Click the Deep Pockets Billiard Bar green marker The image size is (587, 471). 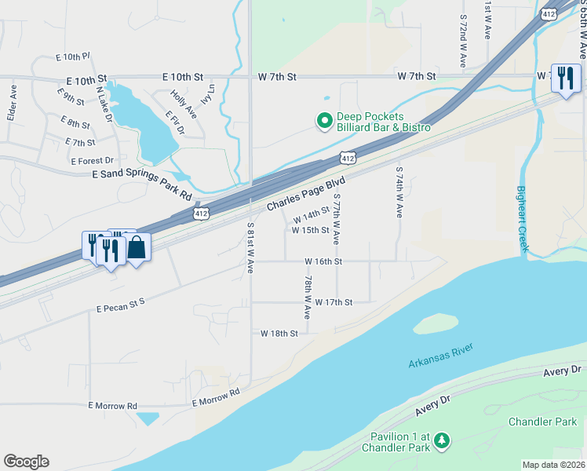point(323,121)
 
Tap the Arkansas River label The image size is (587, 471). point(443,362)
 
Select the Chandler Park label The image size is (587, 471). point(542,422)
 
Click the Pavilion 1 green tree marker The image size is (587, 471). point(442,440)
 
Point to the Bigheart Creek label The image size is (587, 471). point(523,219)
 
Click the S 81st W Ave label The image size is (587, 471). point(250,247)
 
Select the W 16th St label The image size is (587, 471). point(324,261)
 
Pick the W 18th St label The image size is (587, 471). point(279,334)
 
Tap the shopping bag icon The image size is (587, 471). point(137,247)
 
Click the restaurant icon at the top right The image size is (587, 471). point(564,78)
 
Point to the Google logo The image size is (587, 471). point(26,462)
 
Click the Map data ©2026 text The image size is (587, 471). point(553,465)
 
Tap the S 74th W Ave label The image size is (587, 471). point(399,192)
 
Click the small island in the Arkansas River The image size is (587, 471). point(436,323)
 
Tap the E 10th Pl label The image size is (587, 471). point(74,57)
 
